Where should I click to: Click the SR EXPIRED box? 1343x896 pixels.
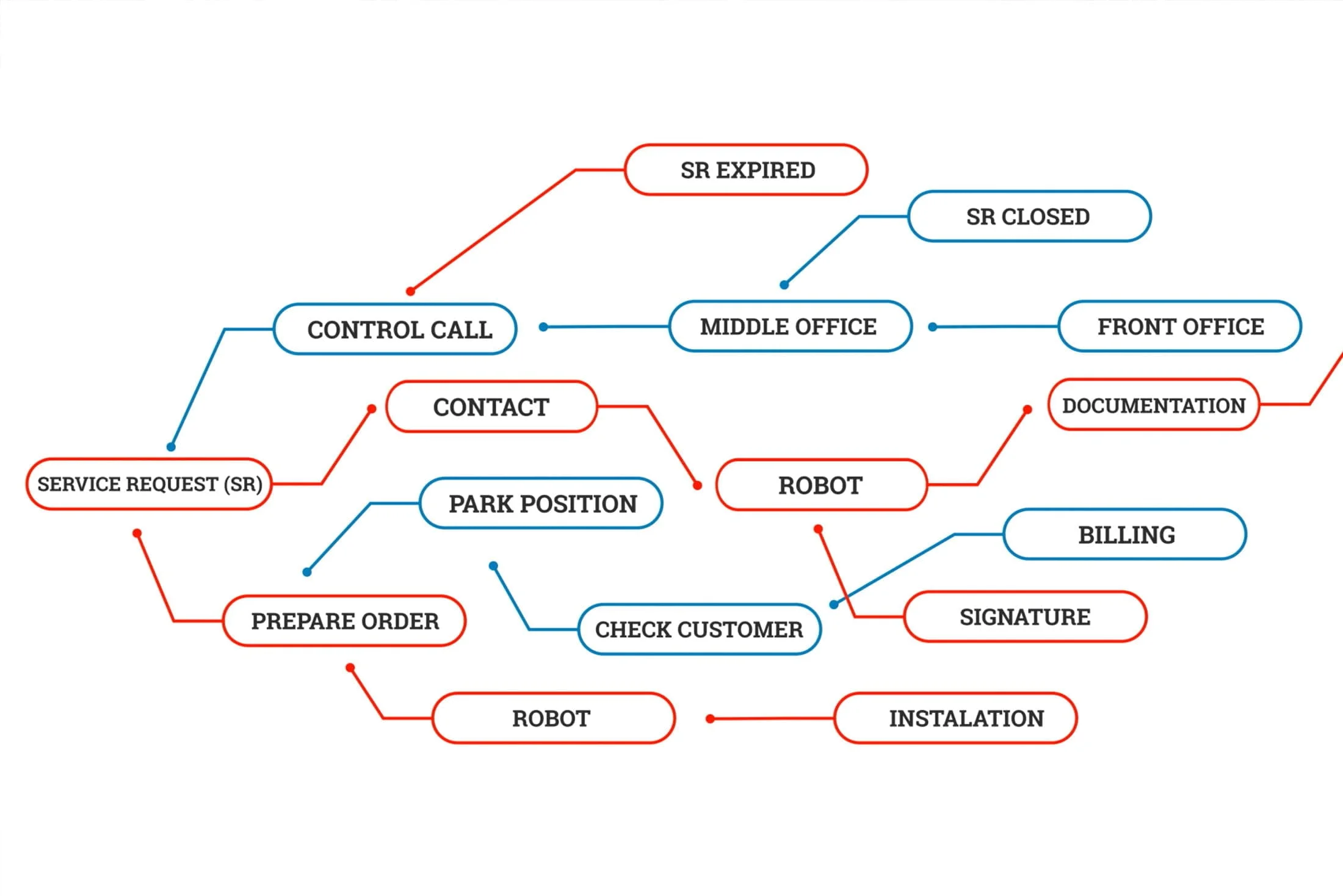746,170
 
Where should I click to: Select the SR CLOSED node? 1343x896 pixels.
1029,216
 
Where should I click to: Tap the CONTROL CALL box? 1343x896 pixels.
396,329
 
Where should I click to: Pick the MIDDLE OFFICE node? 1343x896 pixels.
791,327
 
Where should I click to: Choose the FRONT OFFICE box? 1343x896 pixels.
1179,327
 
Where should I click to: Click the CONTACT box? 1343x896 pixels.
491,406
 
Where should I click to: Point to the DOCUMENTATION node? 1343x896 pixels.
1153,405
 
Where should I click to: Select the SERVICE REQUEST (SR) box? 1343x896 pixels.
149,484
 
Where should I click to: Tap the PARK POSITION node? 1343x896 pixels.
541,504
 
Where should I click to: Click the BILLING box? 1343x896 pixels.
1124,534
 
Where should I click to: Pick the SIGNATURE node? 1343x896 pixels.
1025,616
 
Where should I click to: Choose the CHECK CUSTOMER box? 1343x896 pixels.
699,629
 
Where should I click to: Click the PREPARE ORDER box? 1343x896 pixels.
344,621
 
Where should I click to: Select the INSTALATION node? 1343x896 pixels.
955,718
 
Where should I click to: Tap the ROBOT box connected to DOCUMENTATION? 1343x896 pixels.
821,485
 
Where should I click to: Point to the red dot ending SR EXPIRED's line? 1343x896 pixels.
411,291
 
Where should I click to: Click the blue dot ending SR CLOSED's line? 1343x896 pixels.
784,284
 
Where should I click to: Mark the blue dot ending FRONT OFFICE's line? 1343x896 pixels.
933,327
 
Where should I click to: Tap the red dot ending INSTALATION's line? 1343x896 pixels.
710,719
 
